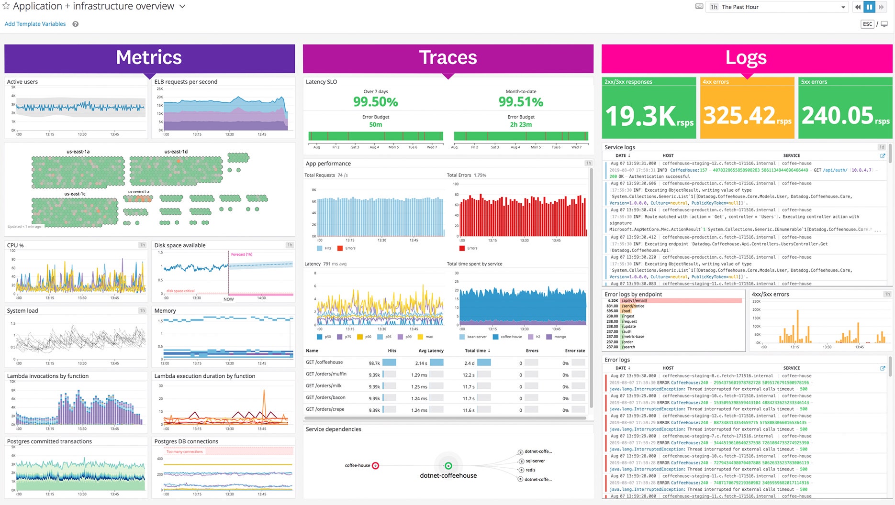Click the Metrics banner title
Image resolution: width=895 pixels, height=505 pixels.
point(149,58)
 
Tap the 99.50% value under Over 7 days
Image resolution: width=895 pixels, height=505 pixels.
point(376,102)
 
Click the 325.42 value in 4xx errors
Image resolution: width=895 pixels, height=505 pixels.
point(739,115)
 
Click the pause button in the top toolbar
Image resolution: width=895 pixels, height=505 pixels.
point(869,7)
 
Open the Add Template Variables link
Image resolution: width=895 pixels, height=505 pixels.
point(35,24)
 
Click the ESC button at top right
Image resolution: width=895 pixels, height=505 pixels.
point(867,24)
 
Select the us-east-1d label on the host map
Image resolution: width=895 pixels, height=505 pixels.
point(176,152)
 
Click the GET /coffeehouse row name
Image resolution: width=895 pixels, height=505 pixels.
point(324,362)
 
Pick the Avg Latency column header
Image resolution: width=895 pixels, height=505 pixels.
point(431,351)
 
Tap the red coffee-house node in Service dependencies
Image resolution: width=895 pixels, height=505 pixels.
point(376,466)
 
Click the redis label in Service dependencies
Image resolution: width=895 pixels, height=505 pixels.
point(530,470)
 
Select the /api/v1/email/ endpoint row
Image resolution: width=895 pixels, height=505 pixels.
point(635,301)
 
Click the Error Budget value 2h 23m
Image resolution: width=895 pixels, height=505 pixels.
point(521,125)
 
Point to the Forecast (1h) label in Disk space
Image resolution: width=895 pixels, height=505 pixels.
point(242,254)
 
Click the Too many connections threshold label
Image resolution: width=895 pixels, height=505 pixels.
point(185,451)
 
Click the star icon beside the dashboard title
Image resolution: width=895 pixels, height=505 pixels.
point(6,6)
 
